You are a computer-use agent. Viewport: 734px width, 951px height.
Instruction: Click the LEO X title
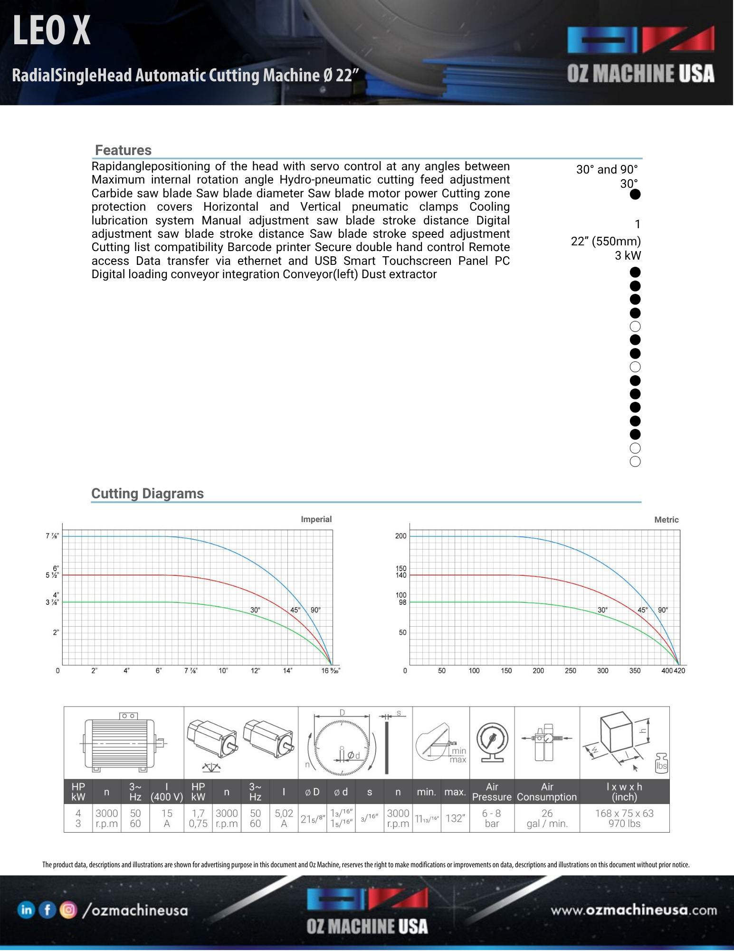click(51, 31)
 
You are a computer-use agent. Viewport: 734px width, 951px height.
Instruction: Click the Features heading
click(123, 150)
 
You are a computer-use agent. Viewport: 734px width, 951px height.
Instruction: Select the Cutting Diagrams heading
click(147, 494)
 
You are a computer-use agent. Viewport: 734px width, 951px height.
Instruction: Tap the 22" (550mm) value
click(606, 242)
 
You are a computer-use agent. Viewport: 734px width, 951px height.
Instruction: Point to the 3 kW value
click(628, 256)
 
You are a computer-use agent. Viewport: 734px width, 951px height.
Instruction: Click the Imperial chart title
click(316, 519)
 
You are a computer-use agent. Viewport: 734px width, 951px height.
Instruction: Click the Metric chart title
click(666, 520)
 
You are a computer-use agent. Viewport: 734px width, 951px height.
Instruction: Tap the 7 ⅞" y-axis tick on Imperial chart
click(52, 536)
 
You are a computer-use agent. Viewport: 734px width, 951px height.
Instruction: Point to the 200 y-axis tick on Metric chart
click(400, 536)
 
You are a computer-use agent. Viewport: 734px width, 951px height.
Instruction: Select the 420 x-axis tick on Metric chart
click(679, 670)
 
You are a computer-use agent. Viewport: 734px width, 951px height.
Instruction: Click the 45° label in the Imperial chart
click(295, 610)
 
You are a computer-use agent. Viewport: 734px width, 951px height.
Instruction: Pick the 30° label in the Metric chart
click(602, 610)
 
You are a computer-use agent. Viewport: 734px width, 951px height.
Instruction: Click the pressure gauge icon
click(492, 742)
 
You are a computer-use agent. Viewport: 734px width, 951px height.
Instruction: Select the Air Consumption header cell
click(547, 792)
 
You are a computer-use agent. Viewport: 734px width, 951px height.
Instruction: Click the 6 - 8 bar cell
click(492, 818)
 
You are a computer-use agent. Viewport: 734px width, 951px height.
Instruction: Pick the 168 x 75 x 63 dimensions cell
click(624, 818)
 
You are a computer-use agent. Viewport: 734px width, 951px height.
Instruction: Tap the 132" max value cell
click(455, 818)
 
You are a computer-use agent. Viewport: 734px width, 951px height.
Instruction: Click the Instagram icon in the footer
click(68, 910)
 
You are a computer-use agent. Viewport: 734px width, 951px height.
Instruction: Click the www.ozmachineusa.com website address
click(634, 910)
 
